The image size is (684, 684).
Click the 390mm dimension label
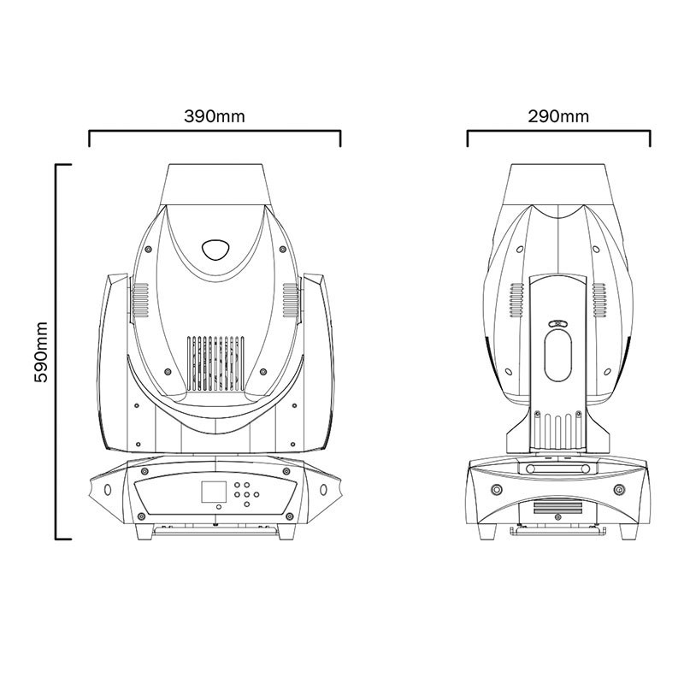215,116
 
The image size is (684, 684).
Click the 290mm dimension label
558,116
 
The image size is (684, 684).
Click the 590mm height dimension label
41,352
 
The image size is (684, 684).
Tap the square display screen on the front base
214,492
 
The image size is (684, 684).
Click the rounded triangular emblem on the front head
215,249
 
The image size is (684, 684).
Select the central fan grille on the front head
216,363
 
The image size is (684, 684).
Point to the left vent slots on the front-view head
140,300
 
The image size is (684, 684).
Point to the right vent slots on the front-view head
291,300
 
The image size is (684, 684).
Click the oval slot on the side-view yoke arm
558,355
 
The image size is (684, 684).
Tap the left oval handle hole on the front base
108,489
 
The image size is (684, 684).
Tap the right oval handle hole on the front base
323,489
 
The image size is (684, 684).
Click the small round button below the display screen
219,506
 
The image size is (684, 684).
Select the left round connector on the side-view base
497,489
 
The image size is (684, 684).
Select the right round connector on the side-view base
619,489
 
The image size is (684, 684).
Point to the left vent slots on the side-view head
517,300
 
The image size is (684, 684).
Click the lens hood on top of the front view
216,185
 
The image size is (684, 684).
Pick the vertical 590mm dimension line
56,351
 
